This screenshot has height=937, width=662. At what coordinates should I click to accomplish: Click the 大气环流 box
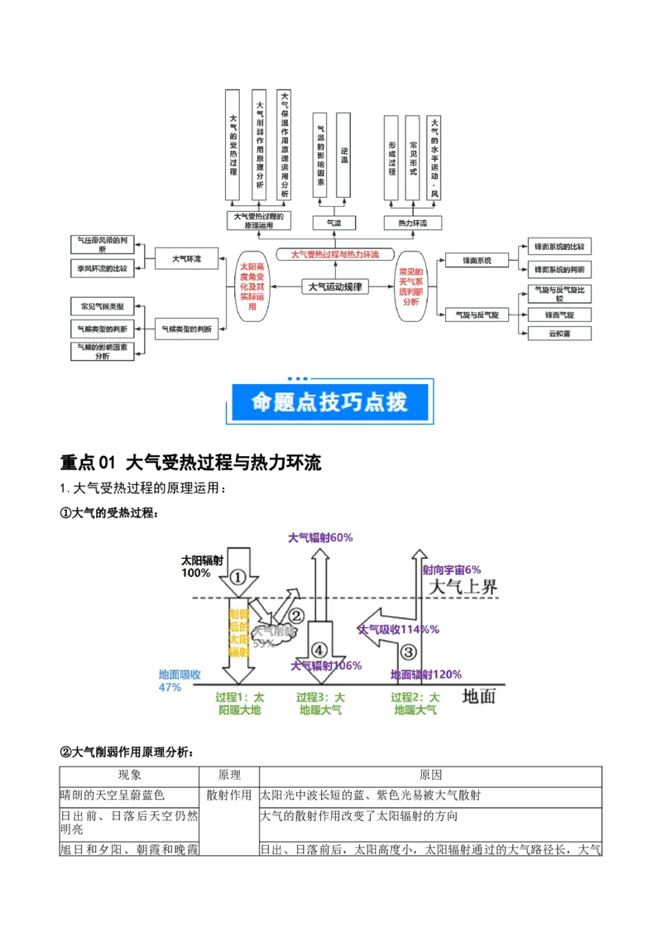pyautogui.click(x=186, y=259)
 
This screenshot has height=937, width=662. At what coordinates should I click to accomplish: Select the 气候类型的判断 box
pyautogui.click(x=186, y=329)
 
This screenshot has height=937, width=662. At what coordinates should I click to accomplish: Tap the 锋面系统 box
pyautogui.click(x=476, y=261)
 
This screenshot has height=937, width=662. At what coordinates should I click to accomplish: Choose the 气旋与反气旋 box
pyautogui.click(x=476, y=315)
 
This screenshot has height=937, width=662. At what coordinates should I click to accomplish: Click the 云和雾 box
pyautogui.click(x=559, y=334)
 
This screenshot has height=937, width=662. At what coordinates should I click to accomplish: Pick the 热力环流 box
pyautogui.click(x=413, y=223)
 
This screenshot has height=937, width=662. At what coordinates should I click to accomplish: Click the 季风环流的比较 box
pyautogui.click(x=102, y=269)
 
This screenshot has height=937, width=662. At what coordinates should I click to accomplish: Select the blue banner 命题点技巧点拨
pyautogui.click(x=331, y=401)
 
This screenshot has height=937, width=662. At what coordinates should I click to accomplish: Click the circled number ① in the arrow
pyautogui.click(x=238, y=578)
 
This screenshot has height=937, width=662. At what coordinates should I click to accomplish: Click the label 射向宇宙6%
pyautogui.click(x=452, y=569)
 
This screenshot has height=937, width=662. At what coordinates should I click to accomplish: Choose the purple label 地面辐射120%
pyautogui.click(x=426, y=675)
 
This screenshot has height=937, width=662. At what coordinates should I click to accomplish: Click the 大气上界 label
pyautogui.click(x=465, y=587)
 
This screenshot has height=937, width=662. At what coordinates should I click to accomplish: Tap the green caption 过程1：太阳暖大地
pyautogui.click(x=239, y=704)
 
